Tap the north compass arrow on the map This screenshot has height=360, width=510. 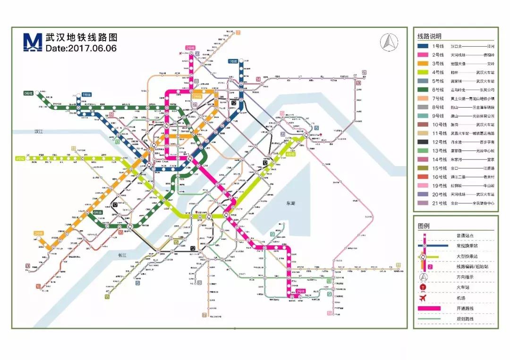pos(388,42)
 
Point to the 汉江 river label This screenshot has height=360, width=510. pos(35,132)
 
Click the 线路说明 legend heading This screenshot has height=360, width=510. pos(429,36)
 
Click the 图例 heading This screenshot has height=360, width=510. pos(424,226)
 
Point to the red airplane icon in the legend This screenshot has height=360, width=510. pos(424,298)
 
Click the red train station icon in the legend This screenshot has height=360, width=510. pos(424,287)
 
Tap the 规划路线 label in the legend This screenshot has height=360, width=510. pos(465,319)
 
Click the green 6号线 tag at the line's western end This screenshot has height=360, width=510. pos(28,93)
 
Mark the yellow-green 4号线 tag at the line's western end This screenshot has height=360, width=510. pos(20,158)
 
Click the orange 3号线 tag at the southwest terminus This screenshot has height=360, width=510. pos(38,233)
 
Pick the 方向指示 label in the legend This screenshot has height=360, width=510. pos(465,277)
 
